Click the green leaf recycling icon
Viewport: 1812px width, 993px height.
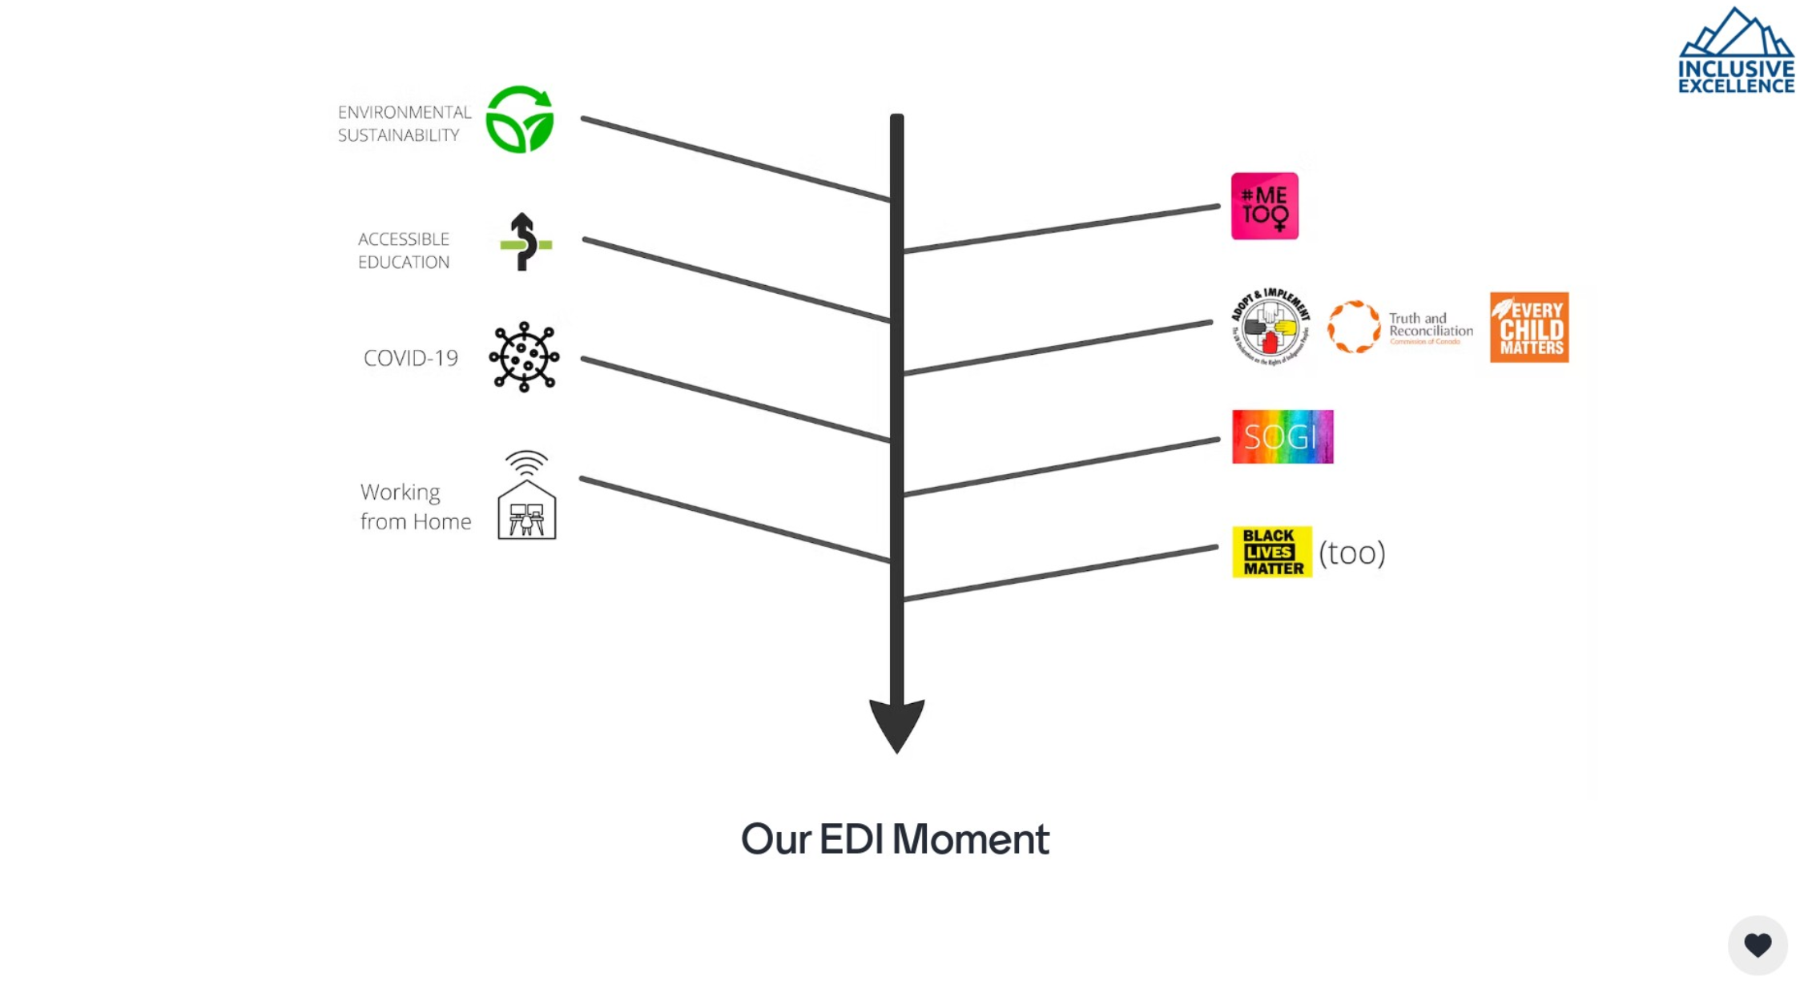[x=520, y=119]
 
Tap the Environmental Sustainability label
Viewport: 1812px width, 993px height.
[x=404, y=123]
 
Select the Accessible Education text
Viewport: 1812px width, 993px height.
[x=404, y=251]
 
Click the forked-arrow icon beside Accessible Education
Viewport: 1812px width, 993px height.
[x=525, y=242]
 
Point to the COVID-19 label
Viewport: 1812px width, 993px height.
[x=410, y=358]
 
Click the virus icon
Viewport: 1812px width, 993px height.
[x=524, y=357]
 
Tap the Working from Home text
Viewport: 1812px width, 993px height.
[x=415, y=506]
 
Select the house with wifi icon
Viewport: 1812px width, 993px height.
[x=526, y=496]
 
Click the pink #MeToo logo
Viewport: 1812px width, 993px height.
[x=1264, y=206]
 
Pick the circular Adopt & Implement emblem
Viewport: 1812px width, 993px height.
[x=1270, y=327]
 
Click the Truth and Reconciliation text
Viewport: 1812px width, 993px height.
[x=1430, y=326]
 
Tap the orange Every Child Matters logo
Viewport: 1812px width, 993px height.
[x=1528, y=328]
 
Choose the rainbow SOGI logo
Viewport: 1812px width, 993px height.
[x=1282, y=436]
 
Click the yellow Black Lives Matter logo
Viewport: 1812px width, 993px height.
[x=1271, y=552]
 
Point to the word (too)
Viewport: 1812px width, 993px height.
[x=1351, y=553]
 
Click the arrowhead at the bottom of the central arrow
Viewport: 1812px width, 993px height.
[x=896, y=723]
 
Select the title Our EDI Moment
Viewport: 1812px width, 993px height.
[x=895, y=839]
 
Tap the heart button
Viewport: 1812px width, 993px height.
[x=1757, y=945]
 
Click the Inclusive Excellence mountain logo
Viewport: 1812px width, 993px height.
[x=1736, y=52]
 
